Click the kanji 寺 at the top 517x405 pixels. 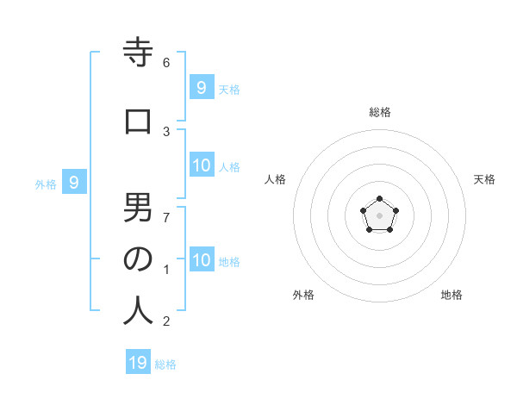[138, 53]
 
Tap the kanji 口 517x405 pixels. [138, 122]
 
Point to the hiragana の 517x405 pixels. [138, 259]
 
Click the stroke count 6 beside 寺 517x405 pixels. [166, 62]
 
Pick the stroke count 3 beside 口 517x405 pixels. [166, 131]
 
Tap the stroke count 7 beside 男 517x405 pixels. [166, 216]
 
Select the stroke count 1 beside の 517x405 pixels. [166, 269]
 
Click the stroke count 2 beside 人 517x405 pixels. [166, 321]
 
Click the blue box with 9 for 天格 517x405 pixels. [201, 86]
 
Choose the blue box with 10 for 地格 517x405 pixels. [202, 259]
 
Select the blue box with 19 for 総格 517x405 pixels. [138, 363]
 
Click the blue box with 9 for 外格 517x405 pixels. [74, 182]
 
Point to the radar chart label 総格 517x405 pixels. [379, 112]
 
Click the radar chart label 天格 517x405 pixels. [484, 179]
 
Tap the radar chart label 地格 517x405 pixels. [452, 295]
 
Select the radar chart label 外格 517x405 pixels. [303, 295]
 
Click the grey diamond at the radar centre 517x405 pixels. [379, 215]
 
